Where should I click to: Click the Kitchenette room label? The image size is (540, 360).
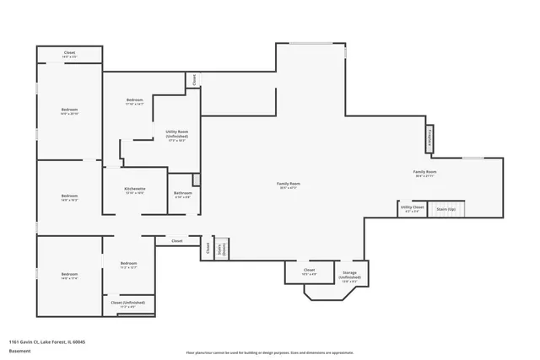[135, 190]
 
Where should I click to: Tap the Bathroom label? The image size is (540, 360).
[182, 195]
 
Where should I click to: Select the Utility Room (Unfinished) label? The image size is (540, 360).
[176, 135]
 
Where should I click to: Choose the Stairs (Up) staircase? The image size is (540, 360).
[445, 208]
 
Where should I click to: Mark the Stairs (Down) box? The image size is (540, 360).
[223, 249]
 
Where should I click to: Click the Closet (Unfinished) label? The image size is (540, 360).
[128, 304]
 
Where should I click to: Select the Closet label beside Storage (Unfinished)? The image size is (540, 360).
[309, 271]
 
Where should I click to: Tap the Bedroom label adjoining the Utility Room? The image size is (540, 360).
[135, 101]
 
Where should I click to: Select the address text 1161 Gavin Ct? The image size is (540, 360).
[46, 341]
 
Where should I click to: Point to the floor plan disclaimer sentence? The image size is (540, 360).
[269, 352]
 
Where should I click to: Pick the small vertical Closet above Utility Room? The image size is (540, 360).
[193, 80]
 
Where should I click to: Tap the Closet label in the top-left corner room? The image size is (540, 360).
[69, 54]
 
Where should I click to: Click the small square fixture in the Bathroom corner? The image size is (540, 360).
[196, 179]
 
